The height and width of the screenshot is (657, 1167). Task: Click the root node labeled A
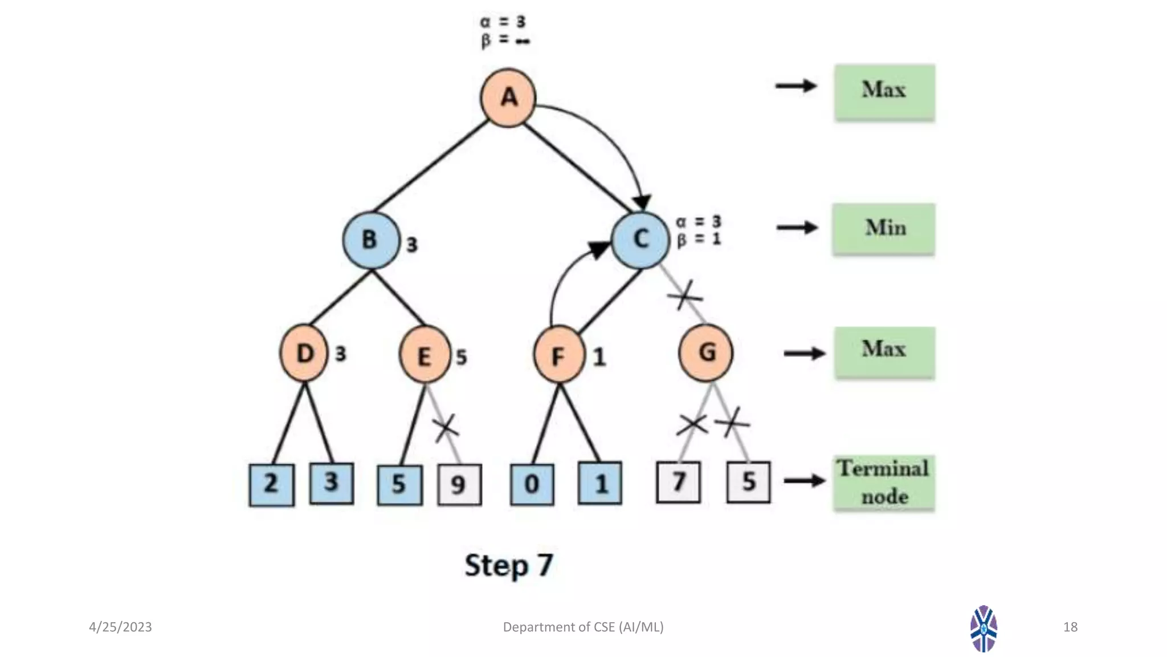508,98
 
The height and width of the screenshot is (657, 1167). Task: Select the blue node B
370,240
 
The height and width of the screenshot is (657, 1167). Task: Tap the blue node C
640,239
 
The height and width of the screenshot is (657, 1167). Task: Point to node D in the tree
304,354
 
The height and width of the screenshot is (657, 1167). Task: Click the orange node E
424,356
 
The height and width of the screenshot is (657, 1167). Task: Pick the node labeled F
558,355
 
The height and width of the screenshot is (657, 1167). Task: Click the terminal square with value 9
459,485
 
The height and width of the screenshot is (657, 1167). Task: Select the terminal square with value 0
532,484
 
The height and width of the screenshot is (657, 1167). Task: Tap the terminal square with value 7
678,482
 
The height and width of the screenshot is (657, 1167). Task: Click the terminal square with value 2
271,485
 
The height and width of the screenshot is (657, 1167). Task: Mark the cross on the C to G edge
684,295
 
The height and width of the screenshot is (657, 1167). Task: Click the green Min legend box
884,229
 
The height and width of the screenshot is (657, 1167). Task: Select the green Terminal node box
884,482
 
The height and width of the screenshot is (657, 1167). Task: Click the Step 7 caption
509,565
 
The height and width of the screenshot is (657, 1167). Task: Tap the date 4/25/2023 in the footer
120,627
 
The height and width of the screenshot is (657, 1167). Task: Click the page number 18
1070,627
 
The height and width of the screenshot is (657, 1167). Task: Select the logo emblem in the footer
984,628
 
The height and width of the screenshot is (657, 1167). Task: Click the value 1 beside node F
599,358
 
